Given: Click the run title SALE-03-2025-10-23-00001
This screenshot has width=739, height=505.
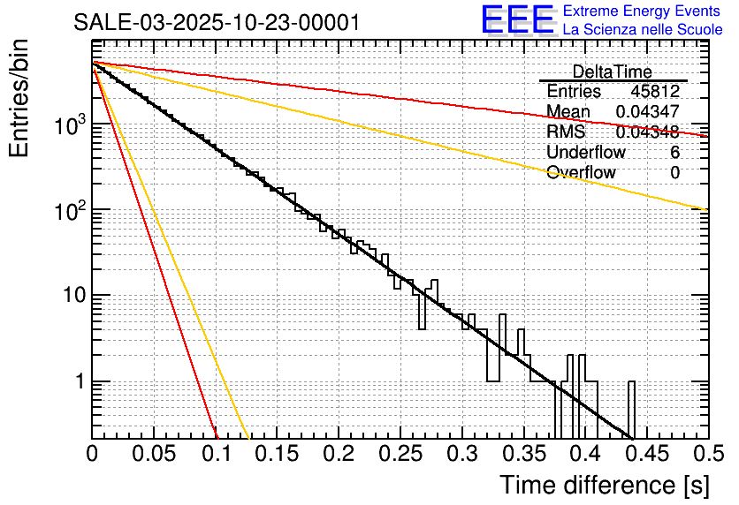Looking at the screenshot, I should (217, 22).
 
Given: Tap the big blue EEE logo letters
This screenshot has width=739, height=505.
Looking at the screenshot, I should (517, 20).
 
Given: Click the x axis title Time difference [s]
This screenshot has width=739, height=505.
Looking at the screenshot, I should (605, 485).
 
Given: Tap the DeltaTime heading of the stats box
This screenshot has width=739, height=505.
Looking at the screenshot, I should (612, 72).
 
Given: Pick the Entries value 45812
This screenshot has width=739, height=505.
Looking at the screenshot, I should (654, 92).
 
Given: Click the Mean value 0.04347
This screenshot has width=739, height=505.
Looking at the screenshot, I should (647, 112).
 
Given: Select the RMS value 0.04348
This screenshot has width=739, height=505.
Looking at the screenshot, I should (647, 132).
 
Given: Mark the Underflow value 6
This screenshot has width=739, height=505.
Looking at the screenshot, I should (674, 153).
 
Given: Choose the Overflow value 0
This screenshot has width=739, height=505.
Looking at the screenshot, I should (674, 173).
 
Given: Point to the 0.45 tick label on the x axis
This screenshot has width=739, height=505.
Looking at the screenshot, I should (646, 454).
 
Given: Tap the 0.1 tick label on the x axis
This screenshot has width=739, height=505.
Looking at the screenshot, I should (215, 454).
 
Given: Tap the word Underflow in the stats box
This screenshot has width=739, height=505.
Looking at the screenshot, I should (586, 153).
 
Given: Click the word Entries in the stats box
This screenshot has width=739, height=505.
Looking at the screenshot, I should (574, 92).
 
